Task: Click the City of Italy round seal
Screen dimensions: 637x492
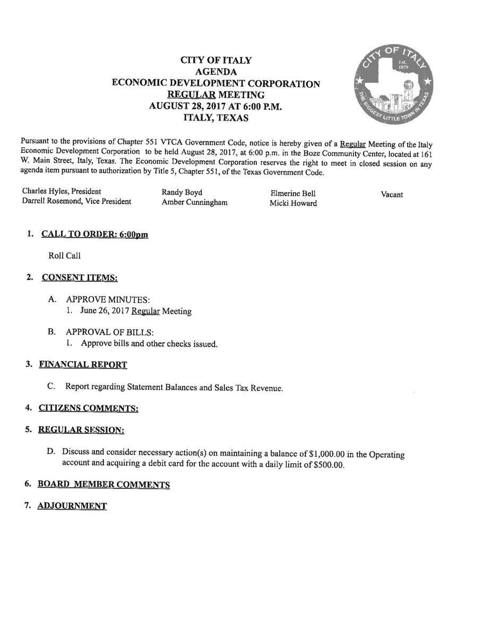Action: pyautogui.click(x=394, y=85)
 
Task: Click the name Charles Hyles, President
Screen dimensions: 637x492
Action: pyautogui.click(x=62, y=191)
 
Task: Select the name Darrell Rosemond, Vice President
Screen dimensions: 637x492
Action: pyautogui.click(x=76, y=201)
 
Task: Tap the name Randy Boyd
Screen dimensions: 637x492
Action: pyautogui.click(x=182, y=192)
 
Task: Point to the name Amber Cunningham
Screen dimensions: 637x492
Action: pyautogui.click(x=194, y=202)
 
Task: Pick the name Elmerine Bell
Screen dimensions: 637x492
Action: pyautogui.click(x=292, y=193)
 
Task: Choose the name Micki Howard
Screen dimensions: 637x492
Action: pyautogui.click(x=293, y=203)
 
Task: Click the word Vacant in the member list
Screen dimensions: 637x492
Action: pyautogui.click(x=392, y=194)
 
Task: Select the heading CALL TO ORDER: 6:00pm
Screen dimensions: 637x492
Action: pyautogui.click(x=94, y=235)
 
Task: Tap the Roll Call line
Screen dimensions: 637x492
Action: pyautogui.click(x=64, y=256)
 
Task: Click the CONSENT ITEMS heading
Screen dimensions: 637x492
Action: pyautogui.click(x=80, y=278)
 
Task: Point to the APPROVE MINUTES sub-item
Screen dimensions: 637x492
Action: pyautogui.click(x=108, y=300)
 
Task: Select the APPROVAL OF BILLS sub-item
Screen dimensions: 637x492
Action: pyautogui.click(x=110, y=332)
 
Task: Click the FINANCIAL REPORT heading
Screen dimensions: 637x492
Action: pyautogui.click(x=83, y=365)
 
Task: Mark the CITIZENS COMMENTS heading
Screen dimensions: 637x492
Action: pyautogui.click(x=88, y=408)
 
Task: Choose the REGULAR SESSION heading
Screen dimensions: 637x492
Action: pyautogui.click(x=81, y=429)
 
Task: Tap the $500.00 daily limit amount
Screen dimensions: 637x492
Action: pyautogui.click(x=329, y=465)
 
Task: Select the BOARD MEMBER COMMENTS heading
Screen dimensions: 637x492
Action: pyautogui.click(x=103, y=485)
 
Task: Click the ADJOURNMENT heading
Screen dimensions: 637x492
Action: pyautogui.click(x=72, y=506)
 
